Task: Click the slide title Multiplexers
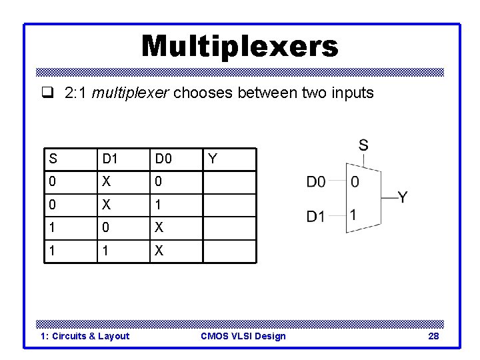(240, 47)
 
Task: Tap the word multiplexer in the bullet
(131, 93)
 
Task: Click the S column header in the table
(53, 159)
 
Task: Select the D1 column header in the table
(109, 159)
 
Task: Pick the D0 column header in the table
(163, 159)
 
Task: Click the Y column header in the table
(212, 159)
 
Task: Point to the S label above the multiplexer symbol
(363, 145)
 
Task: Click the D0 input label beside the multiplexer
(317, 181)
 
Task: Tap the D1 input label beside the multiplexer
(317, 217)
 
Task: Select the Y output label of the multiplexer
(403, 197)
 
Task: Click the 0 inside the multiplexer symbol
(355, 181)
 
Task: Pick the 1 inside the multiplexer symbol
(354, 215)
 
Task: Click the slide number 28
(433, 336)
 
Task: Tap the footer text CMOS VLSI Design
(243, 336)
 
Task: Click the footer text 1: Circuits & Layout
(85, 336)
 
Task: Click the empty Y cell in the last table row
(229, 252)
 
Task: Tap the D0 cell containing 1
(159, 205)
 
